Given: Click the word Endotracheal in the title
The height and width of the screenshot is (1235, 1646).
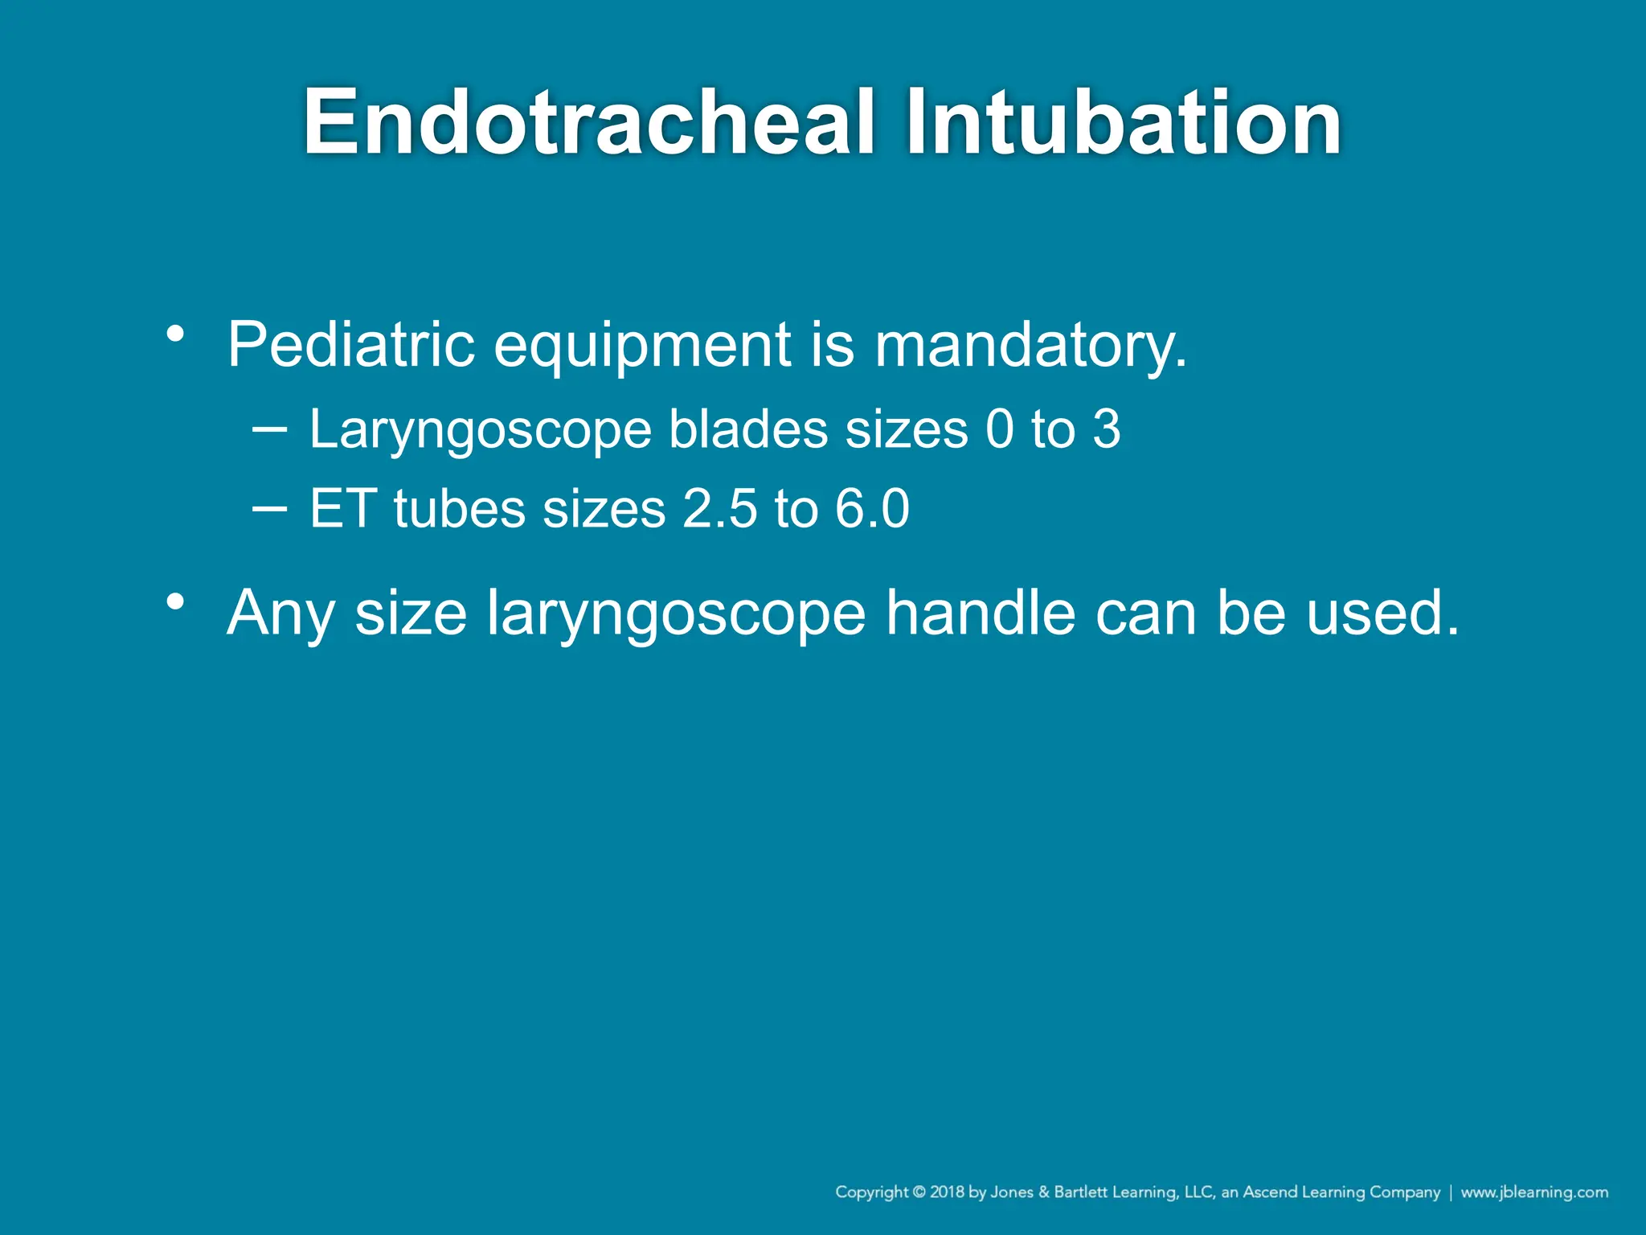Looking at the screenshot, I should pyautogui.click(x=589, y=122).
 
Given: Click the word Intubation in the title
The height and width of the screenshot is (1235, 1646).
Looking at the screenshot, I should pyautogui.click(x=1124, y=122).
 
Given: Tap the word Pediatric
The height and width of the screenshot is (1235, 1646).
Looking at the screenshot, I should pyautogui.click(x=351, y=345).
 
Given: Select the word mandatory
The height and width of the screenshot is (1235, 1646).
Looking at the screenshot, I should pyautogui.click(x=1030, y=345).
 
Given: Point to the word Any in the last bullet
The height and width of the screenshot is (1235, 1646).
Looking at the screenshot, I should pyautogui.click(x=280, y=614).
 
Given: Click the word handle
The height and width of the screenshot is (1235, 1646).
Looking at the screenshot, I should pyautogui.click(x=981, y=613).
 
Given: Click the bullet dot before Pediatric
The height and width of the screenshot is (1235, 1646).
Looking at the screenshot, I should pyautogui.click(x=176, y=333).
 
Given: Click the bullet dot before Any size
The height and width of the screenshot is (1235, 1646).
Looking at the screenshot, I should pyautogui.click(x=176, y=601).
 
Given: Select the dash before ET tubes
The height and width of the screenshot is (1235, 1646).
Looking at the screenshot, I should pyautogui.click(x=268, y=508).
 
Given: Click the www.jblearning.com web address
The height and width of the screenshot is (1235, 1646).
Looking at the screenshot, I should pyautogui.click(x=1534, y=1192).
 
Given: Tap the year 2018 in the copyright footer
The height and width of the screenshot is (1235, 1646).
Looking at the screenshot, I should pyautogui.click(x=947, y=1192).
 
